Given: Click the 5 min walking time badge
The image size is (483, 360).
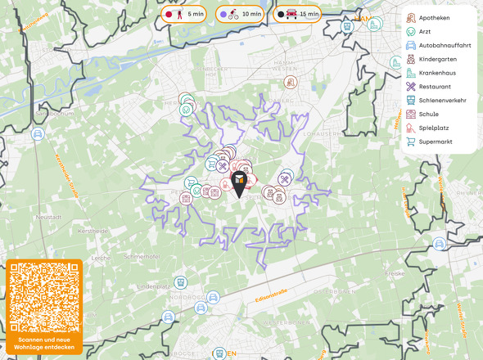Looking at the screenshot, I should (184, 14).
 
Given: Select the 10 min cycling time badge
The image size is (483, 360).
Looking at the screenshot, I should (240, 14).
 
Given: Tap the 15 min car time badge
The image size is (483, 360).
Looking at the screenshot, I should (296, 14).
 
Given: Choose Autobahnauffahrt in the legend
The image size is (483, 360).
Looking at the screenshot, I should (442, 45).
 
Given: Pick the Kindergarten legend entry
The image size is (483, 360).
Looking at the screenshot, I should (437, 59).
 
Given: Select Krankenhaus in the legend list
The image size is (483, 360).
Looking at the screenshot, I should (437, 73).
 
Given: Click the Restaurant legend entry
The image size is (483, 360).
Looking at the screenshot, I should (435, 86).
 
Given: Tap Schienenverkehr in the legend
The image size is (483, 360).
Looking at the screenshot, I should (442, 100).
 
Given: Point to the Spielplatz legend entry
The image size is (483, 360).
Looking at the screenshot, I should (434, 128).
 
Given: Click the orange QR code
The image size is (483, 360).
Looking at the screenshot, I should (44, 297).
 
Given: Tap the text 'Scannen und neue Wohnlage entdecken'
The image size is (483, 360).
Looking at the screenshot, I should (44, 343).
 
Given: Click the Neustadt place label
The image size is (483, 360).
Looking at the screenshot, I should (50, 217).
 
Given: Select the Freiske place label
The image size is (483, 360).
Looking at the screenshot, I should (395, 272).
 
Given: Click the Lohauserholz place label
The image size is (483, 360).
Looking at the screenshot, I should (321, 132).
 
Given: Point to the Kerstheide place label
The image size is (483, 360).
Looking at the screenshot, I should (93, 231).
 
